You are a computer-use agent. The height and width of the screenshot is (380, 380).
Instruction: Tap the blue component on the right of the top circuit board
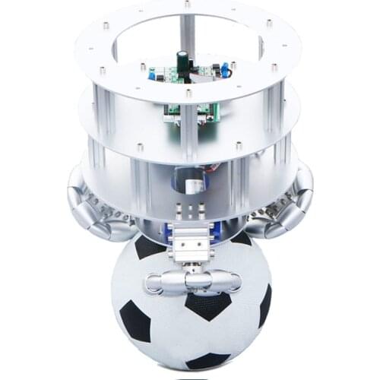[225, 70]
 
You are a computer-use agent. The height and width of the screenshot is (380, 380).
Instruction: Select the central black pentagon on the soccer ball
[207, 304]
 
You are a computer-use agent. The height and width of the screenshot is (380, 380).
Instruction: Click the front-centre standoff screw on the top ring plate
[188, 93]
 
